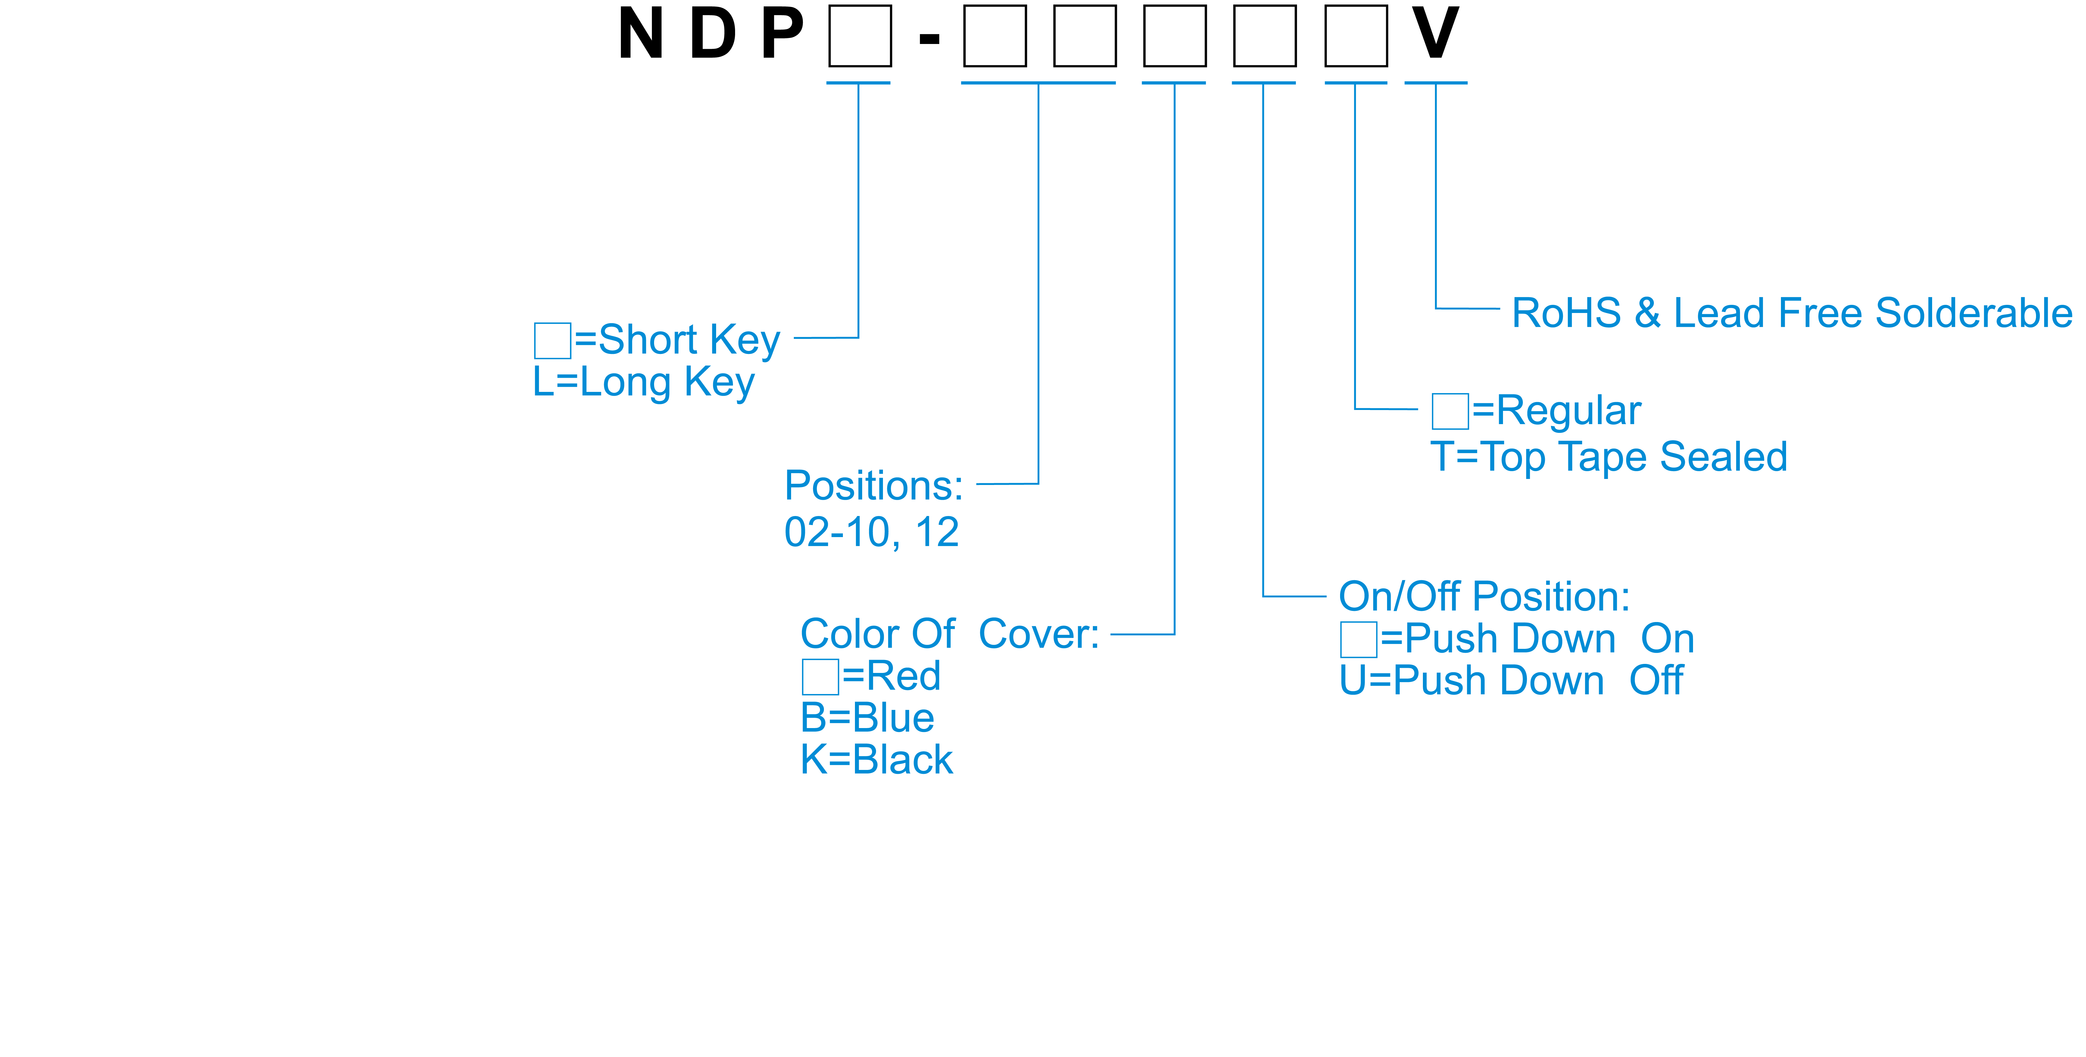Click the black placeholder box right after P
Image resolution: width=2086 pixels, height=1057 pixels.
(x=860, y=36)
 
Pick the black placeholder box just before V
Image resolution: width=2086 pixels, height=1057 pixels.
(x=1355, y=36)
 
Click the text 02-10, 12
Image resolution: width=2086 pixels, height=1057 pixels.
(x=871, y=532)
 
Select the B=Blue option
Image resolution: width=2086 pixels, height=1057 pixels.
(x=867, y=718)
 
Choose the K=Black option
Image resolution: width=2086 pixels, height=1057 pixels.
(x=876, y=760)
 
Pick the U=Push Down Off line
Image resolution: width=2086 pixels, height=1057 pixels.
(x=1511, y=680)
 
